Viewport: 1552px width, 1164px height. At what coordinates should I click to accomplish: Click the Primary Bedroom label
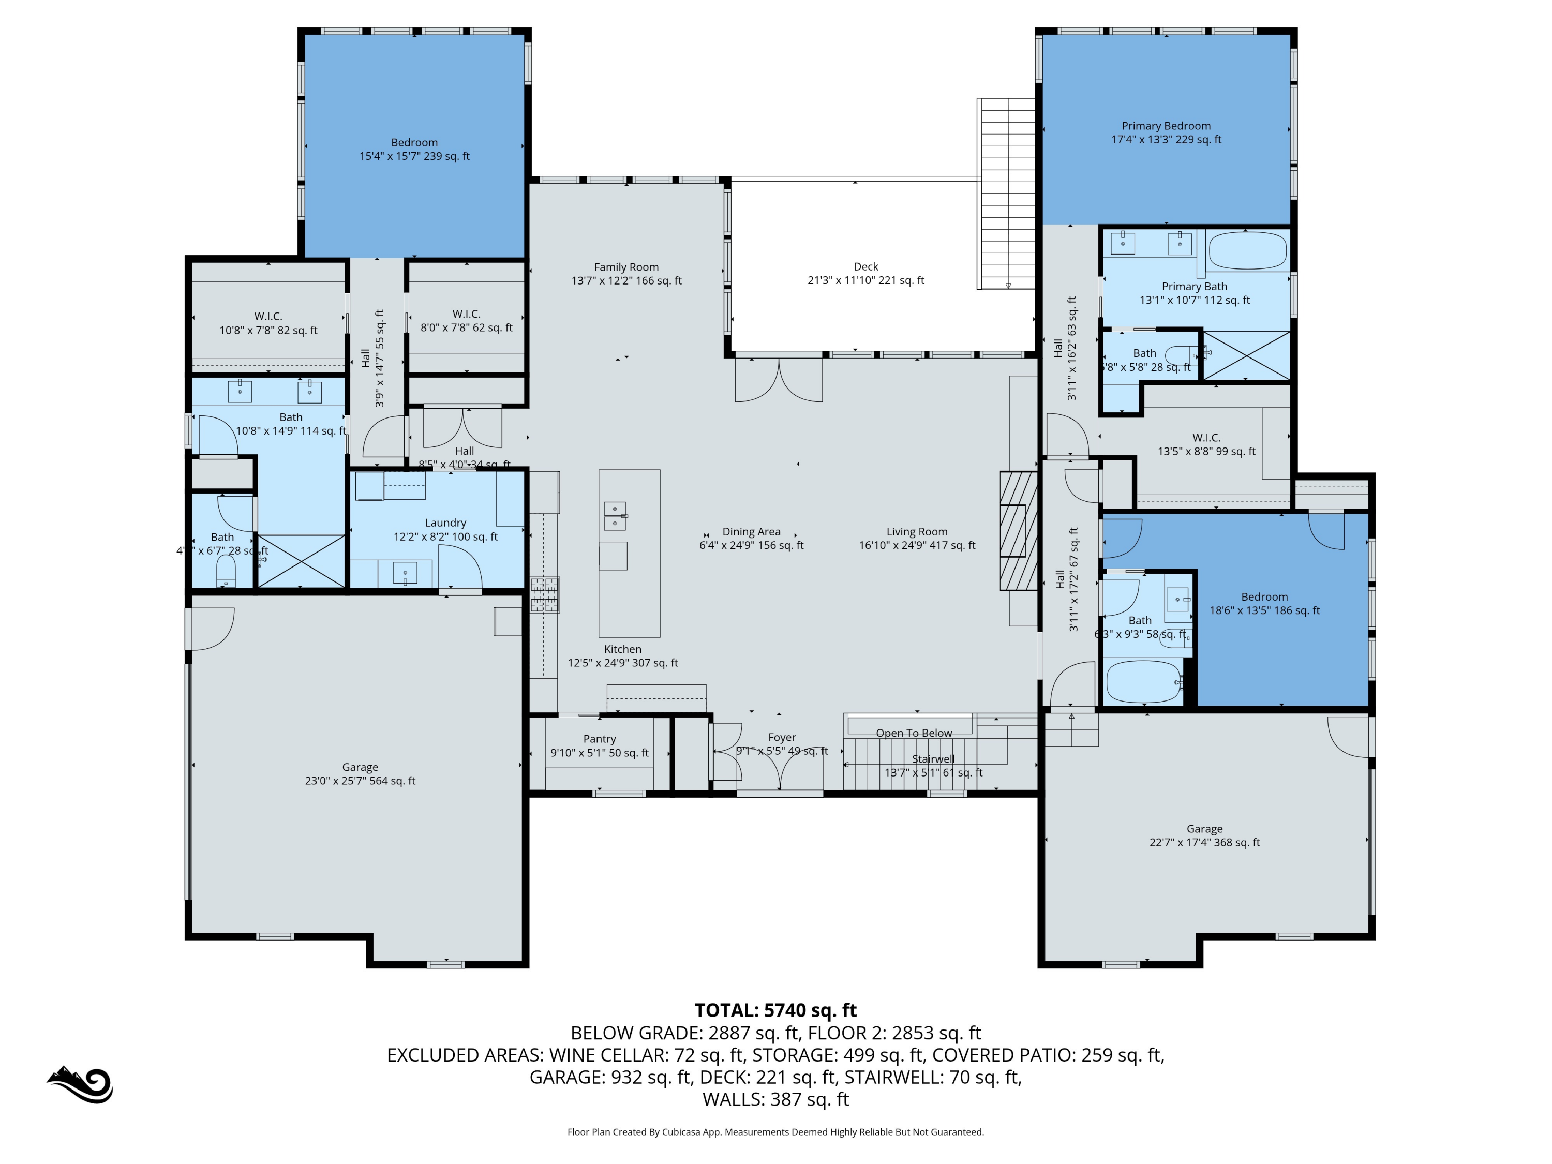coord(1166,132)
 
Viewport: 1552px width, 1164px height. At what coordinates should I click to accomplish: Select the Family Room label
coord(626,274)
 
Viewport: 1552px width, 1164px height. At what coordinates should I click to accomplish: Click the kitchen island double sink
coord(615,516)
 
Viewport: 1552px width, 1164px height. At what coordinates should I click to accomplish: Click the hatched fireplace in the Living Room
coord(1018,531)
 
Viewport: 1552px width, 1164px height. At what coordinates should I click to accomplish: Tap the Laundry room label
coord(445,530)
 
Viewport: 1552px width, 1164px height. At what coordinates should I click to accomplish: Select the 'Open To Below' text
coord(914,733)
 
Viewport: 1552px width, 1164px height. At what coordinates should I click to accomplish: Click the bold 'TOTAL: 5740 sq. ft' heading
coord(775,1010)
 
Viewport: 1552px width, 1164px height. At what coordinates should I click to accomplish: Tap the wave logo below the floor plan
coord(81,1085)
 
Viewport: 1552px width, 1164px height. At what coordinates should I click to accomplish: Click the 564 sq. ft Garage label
coord(360,774)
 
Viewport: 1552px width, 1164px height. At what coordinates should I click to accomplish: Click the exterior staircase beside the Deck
coord(1007,193)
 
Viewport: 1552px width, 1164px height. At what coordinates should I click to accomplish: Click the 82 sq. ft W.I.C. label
coord(268,323)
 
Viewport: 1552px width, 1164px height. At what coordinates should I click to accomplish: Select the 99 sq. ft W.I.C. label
coord(1206,444)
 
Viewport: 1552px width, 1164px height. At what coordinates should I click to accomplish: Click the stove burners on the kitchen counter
coord(544,594)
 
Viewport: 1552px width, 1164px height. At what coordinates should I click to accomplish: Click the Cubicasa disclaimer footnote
coord(775,1132)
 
